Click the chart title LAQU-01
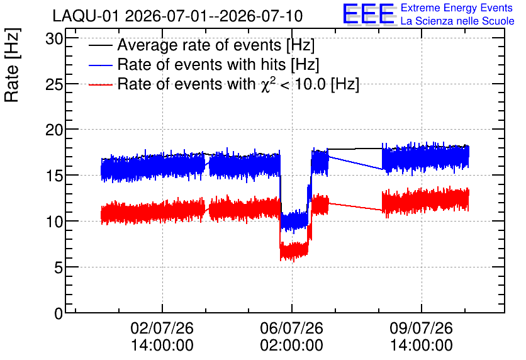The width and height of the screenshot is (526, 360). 86,16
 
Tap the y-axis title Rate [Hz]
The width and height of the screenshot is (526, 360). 12,65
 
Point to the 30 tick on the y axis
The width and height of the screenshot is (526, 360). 54,39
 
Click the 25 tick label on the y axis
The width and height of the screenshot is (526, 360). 54,84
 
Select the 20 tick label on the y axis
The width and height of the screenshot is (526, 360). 54,130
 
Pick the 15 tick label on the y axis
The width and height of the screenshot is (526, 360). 54,176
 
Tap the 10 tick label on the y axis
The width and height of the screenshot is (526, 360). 54,222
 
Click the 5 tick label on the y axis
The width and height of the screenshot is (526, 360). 59,267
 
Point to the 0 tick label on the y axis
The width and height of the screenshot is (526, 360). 59,313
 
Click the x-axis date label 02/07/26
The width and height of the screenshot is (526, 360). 162,328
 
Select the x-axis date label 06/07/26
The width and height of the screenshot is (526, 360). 291,328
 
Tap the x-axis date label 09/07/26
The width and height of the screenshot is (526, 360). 422,328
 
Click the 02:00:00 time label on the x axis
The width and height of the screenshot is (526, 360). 291,346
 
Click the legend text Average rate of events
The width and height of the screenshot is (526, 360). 199,45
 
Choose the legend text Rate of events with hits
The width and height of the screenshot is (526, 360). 201,64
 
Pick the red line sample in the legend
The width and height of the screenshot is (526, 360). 100,84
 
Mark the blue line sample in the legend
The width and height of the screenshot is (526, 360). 100,65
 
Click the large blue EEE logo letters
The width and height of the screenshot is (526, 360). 369,14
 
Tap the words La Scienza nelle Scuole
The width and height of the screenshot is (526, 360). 457,21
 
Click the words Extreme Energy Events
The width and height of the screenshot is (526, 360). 457,8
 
